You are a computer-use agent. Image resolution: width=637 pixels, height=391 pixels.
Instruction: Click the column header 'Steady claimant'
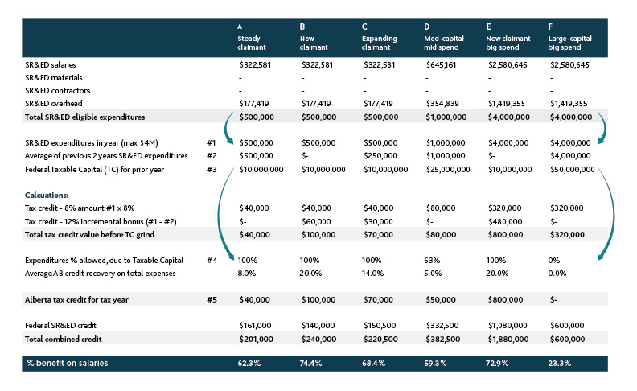pos(252,43)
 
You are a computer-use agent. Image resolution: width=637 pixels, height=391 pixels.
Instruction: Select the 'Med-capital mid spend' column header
pos(444,43)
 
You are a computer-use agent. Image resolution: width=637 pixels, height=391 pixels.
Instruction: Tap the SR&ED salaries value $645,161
pos(441,64)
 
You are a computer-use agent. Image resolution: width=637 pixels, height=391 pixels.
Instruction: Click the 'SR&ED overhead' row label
pos(54,103)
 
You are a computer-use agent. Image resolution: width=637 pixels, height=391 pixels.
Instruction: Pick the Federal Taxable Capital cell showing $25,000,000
pos(448,169)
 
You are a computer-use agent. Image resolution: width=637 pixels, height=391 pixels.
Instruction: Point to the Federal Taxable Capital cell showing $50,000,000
pos(572,169)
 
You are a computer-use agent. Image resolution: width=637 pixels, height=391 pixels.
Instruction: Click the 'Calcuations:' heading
pos(47,195)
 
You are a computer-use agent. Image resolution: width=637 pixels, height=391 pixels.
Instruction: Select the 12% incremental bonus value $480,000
pos(504,221)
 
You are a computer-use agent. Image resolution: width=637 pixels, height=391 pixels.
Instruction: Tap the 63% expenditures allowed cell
pos(432,260)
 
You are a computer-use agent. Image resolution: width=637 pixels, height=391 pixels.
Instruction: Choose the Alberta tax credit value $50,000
pos(441,299)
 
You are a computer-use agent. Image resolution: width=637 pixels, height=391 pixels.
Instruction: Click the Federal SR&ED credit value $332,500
pos(442,325)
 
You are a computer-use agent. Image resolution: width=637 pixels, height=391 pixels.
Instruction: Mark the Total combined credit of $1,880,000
pos(508,339)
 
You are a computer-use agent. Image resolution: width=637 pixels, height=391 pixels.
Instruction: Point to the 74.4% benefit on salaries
pos(310,363)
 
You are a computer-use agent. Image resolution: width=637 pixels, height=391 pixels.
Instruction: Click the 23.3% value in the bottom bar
pos(560,363)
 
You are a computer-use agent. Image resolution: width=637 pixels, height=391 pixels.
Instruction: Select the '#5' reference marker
pos(212,299)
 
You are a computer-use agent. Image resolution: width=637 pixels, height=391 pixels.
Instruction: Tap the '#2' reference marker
pos(212,155)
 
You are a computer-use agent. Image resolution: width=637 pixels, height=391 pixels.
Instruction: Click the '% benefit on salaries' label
pos(68,363)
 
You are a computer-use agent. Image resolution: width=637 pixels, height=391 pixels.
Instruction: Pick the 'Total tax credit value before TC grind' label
pos(89,234)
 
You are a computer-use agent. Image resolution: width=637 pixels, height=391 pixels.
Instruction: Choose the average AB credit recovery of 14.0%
pos(372,273)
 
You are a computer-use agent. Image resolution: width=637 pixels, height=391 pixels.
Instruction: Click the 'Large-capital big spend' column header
pos(569,43)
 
